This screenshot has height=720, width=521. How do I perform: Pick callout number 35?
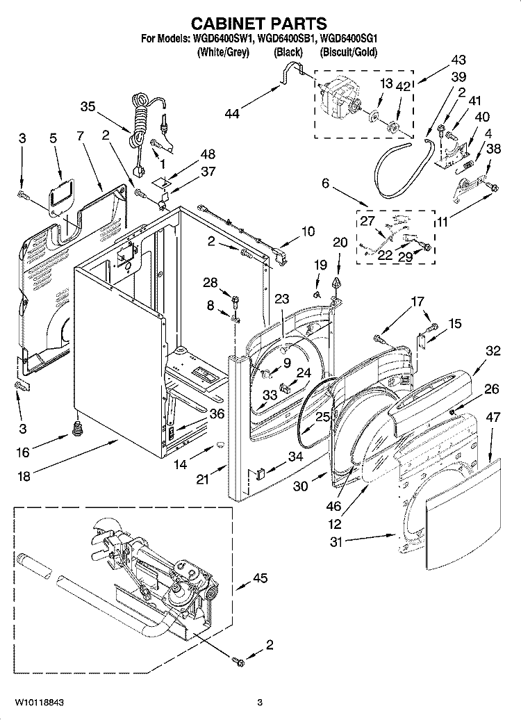(x=88, y=107)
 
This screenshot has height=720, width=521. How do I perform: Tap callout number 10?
(x=307, y=231)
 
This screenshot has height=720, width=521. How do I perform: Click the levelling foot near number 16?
(x=75, y=429)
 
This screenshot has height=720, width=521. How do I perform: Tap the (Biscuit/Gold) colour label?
(x=349, y=53)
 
